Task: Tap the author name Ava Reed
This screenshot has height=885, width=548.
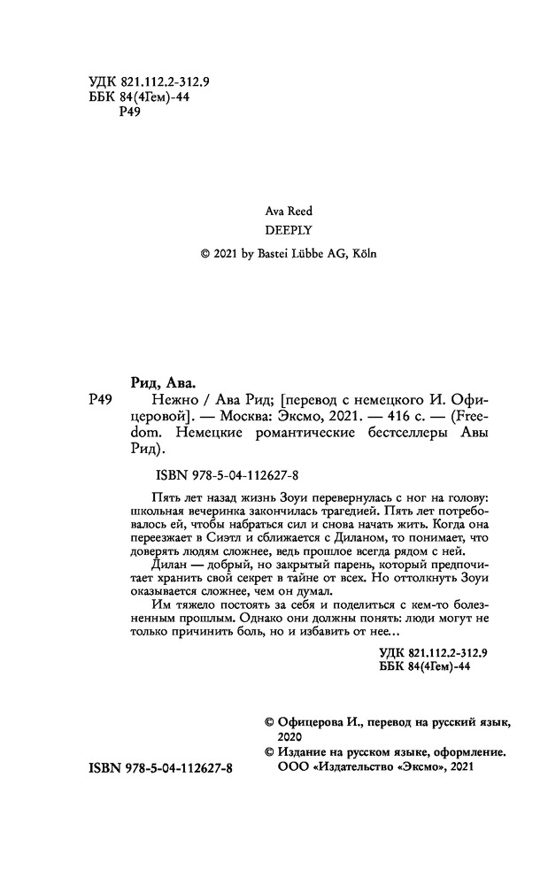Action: pos(289,211)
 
